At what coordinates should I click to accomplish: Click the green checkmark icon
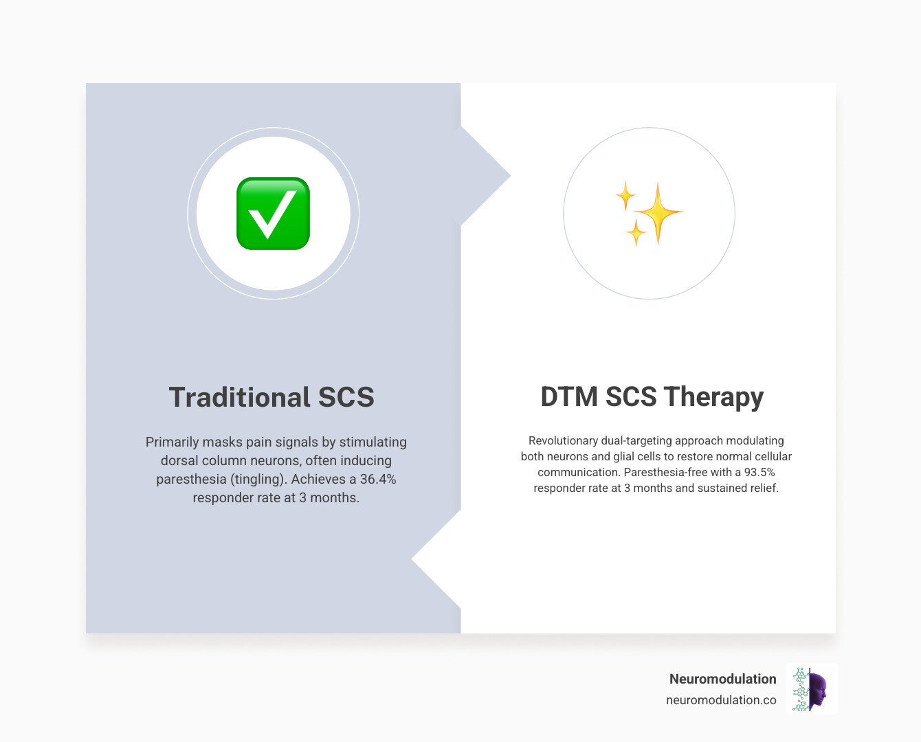pyautogui.click(x=273, y=214)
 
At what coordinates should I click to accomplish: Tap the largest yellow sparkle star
pyautogui.click(x=658, y=212)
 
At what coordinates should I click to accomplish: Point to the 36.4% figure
pyautogui.click(x=378, y=479)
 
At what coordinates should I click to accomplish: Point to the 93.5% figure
pyautogui.click(x=759, y=472)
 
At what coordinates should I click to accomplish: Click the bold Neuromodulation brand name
pyautogui.click(x=722, y=679)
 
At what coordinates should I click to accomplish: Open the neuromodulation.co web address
pyautogui.click(x=721, y=700)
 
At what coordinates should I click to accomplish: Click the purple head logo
pyautogui.click(x=815, y=689)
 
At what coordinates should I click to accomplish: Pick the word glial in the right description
pyautogui.click(x=625, y=456)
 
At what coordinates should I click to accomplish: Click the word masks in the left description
pyautogui.click(x=223, y=442)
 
